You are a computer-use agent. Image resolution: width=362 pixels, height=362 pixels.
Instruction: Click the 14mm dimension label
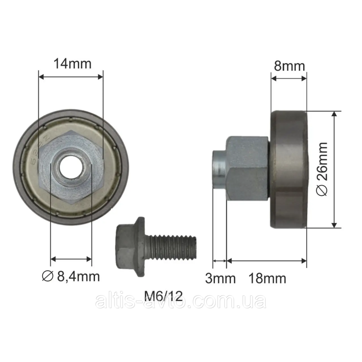click(x=72, y=64)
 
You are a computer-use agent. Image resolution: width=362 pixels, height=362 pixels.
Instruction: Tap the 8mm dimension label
click(x=290, y=66)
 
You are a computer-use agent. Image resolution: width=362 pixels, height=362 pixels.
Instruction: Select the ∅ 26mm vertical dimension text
click(x=322, y=169)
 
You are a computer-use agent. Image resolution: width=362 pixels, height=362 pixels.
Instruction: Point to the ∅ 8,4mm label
click(x=71, y=276)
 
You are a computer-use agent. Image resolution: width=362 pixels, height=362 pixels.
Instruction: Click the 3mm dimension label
click(x=220, y=278)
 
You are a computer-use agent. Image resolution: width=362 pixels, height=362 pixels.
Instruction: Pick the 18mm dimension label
click(x=267, y=278)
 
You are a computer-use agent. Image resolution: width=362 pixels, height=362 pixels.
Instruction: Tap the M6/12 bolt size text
click(x=163, y=296)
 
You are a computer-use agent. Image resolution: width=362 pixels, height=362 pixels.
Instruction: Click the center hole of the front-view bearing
click(x=71, y=167)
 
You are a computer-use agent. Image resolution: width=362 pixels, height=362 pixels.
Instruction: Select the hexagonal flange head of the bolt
click(x=130, y=247)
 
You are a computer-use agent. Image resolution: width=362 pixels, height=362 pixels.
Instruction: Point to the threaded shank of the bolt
click(x=171, y=247)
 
